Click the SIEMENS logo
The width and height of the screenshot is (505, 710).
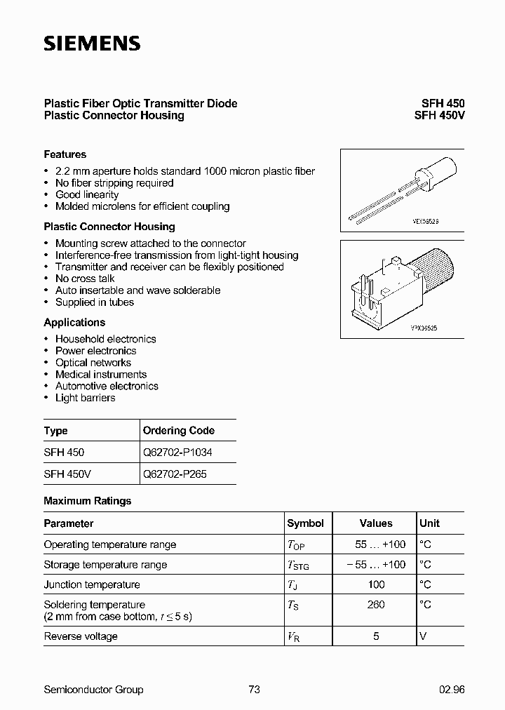(x=92, y=43)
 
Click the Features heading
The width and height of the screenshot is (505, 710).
(x=65, y=154)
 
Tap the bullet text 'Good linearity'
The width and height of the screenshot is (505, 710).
(x=87, y=194)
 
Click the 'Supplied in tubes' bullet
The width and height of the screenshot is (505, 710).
(x=95, y=302)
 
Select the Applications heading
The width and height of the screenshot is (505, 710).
(x=74, y=323)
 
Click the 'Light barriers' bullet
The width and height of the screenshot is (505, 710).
(x=86, y=398)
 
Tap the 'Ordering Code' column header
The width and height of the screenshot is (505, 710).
(x=178, y=431)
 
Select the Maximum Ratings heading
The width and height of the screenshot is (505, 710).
(x=88, y=501)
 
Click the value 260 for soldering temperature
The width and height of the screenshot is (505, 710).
(x=376, y=604)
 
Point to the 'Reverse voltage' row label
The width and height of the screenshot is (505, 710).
(x=81, y=636)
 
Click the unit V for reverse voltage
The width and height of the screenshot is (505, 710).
(x=423, y=636)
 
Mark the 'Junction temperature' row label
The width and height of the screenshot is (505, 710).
(x=92, y=584)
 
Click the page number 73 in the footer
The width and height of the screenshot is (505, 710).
(x=254, y=690)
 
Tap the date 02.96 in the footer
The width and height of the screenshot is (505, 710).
(x=452, y=690)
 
